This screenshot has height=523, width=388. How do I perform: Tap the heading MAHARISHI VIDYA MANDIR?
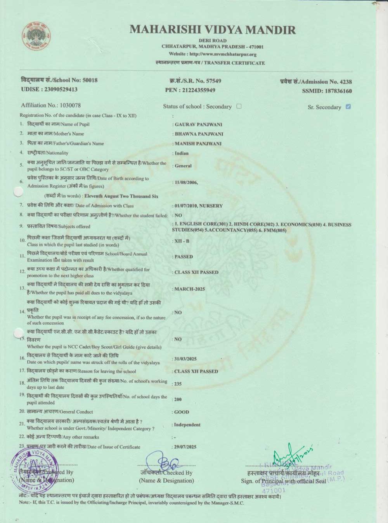pyautogui.click(x=213, y=29)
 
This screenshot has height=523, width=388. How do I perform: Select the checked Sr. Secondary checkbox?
pyautogui.click(x=348, y=107)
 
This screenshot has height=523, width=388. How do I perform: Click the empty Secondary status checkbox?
pyautogui.click(x=239, y=106)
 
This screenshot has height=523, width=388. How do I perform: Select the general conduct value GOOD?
pyautogui.click(x=182, y=412)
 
